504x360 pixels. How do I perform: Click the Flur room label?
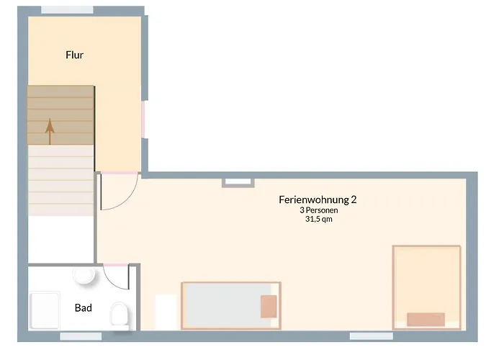[x=75, y=55]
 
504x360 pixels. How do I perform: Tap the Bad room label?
[x=84, y=308]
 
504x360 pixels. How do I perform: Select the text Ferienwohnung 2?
[x=318, y=199]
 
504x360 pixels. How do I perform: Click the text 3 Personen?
[x=318, y=210]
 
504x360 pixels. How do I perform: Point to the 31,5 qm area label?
[x=318, y=219]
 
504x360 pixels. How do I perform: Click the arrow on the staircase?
[x=50, y=132]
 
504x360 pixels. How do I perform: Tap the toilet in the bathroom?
[x=119, y=315]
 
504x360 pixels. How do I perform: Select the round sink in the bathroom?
[x=84, y=275]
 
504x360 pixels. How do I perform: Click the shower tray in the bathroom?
[x=45, y=310]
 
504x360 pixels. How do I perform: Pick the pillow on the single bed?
[x=269, y=307]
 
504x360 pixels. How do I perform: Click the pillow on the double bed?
[x=426, y=320]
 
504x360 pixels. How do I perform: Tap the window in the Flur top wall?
[x=67, y=10]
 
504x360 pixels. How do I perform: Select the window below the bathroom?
[x=81, y=336]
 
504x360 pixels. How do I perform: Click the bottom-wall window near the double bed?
[x=372, y=336]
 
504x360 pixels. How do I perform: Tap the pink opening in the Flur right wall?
[x=143, y=120]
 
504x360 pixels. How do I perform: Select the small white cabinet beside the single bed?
[x=166, y=312]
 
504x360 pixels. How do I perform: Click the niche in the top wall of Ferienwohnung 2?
[x=238, y=183]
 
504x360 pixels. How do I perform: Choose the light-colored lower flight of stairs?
[x=60, y=180]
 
